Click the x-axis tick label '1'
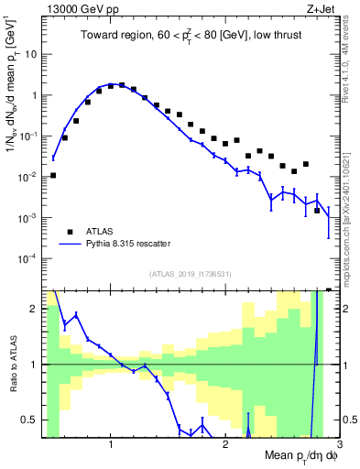pyautogui.click(x=111, y=444)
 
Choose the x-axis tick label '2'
pyautogui.click(x=225, y=444)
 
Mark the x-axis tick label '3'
pyautogui.click(x=339, y=444)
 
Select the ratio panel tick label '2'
pyautogui.click(x=37, y=309)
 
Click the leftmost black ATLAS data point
pyautogui.click(x=53, y=175)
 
